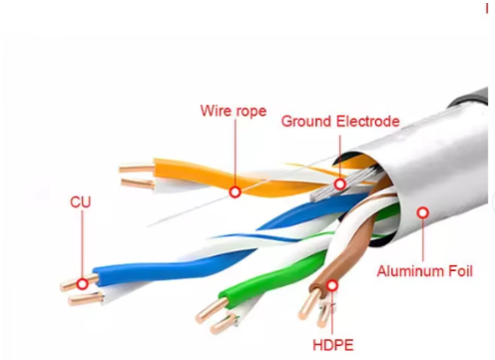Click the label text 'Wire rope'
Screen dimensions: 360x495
pos(235,111)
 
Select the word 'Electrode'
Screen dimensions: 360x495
pos(367,122)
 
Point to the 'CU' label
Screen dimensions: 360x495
pos(81,201)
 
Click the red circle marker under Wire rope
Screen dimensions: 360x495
pos(235,191)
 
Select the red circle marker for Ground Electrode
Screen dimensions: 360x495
pos(340,184)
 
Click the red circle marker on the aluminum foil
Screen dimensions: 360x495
pos(423,212)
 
